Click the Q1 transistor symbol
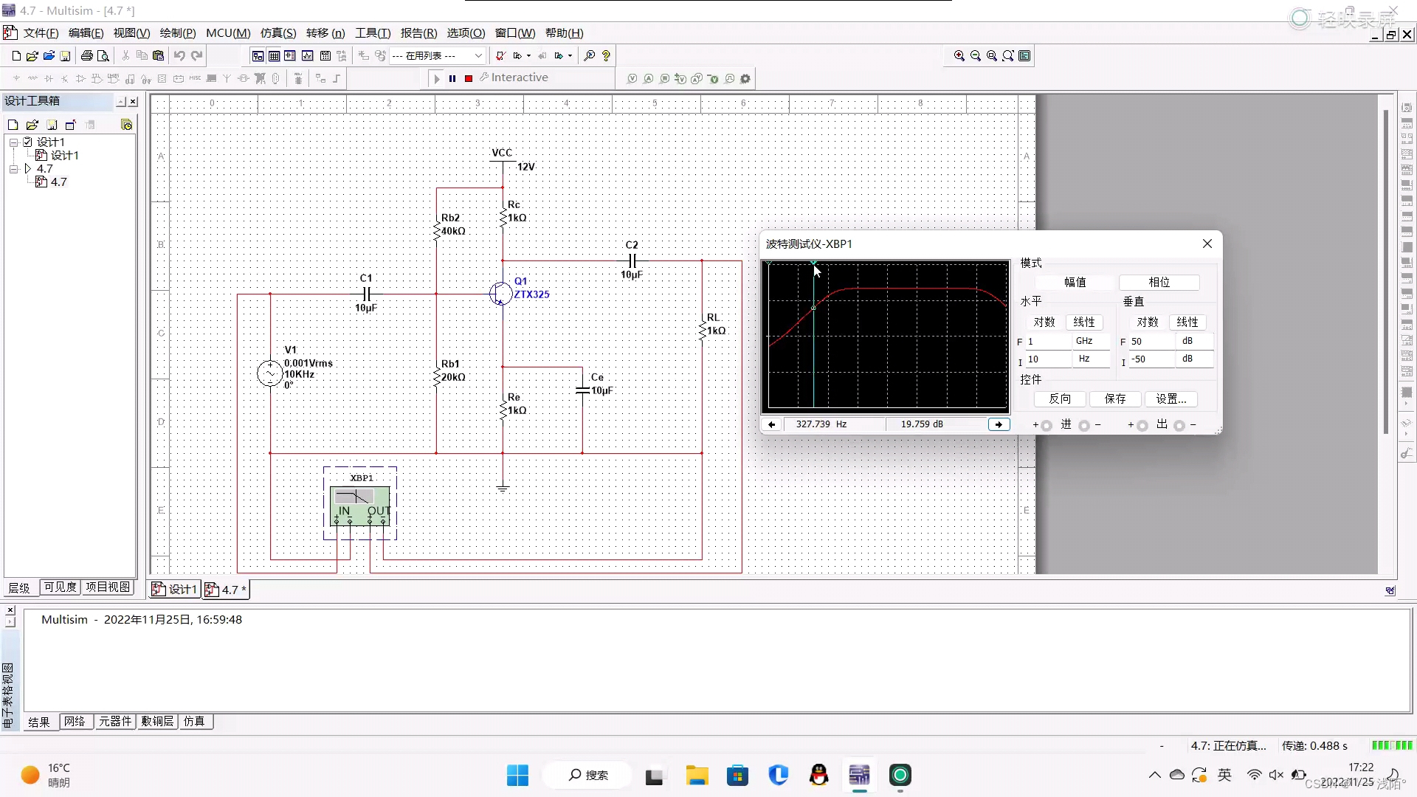click(500, 294)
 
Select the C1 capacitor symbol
click(367, 294)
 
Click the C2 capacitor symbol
click(632, 261)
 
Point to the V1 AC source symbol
click(269, 373)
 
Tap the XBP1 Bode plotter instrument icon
click(360, 505)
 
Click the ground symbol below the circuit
click(503, 488)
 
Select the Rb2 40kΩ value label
click(453, 231)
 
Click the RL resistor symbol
click(702, 328)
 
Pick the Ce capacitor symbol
click(582, 390)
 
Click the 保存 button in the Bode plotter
click(1114, 399)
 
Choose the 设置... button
click(1171, 399)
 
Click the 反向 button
click(1060, 399)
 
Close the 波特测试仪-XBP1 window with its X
click(1207, 244)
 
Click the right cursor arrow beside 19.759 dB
click(999, 424)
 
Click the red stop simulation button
click(469, 78)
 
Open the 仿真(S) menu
click(277, 33)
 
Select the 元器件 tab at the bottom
click(115, 721)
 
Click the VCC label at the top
click(502, 153)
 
